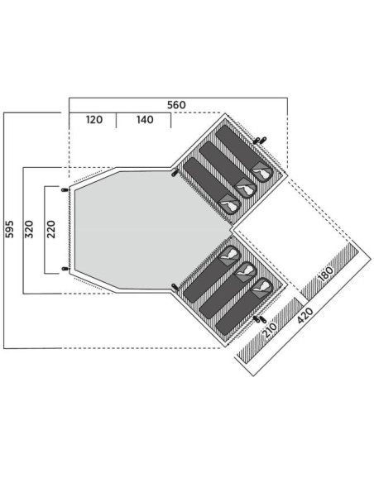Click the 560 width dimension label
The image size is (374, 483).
tap(176, 105)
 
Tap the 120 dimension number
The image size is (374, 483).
tap(94, 120)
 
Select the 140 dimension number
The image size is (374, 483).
tap(145, 120)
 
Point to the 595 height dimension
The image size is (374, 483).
tap(10, 229)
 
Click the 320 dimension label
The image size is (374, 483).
tap(29, 229)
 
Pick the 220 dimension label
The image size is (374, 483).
tap(50, 229)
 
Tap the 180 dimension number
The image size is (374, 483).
tap(325, 274)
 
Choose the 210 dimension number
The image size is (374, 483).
tap(270, 330)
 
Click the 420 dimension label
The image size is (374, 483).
tap(305, 315)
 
